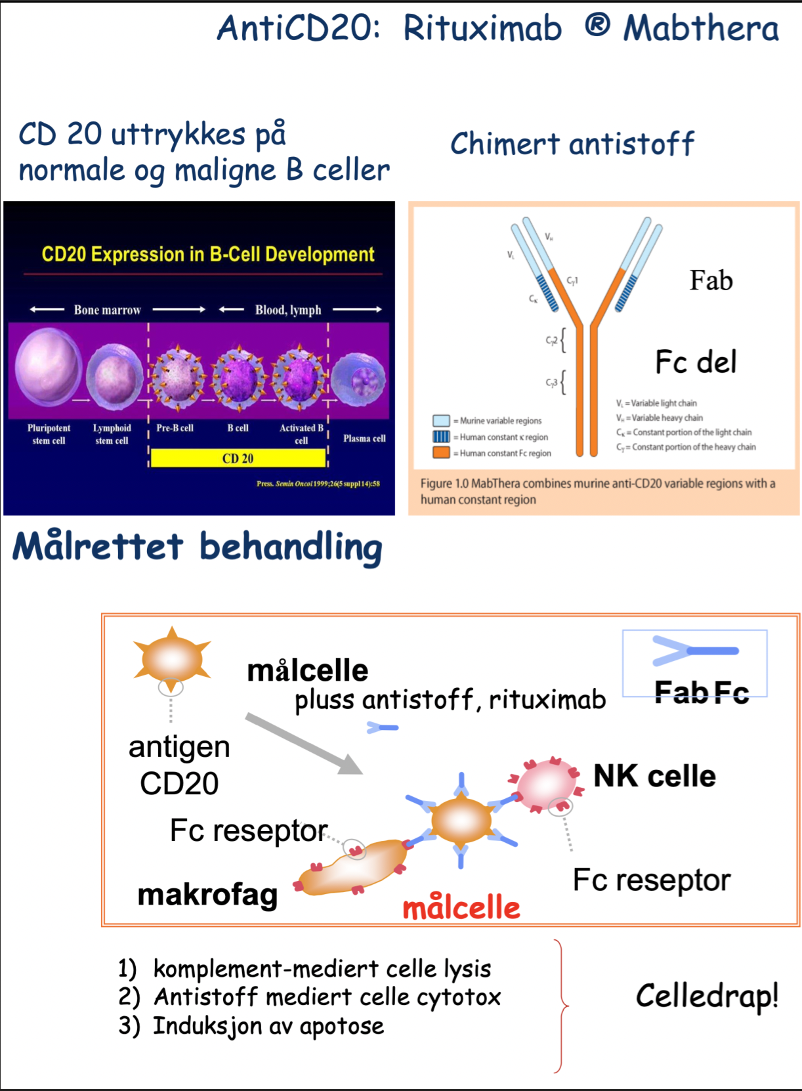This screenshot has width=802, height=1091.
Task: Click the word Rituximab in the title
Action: coord(482,29)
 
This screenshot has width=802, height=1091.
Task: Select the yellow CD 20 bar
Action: coord(238,458)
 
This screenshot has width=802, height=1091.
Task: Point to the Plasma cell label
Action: coord(364,439)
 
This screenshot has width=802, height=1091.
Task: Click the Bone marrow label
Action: coord(108,310)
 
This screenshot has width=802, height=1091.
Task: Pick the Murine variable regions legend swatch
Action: coord(441,421)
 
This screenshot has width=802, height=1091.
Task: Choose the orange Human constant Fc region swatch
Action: coord(441,453)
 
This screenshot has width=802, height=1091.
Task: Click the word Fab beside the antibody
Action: coord(711,281)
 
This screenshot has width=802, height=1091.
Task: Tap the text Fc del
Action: coord(696,362)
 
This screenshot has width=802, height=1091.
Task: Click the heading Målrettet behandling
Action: coord(197,547)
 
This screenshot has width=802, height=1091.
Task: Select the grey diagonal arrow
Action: coord(304,744)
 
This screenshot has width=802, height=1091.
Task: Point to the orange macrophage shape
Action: coord(354,867)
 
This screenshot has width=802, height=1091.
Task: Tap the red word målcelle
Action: coord(461,908)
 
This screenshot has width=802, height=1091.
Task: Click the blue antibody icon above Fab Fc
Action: coord(694,651)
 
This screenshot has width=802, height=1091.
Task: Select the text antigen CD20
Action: coord(179,765)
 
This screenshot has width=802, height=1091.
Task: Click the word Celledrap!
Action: coord(707,996)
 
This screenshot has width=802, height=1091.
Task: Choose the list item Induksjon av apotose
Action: coord(268,1026)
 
